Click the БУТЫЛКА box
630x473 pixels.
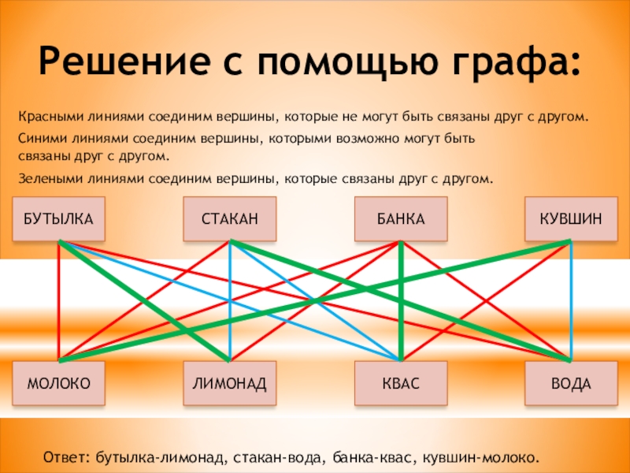59,218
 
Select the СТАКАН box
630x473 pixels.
229,218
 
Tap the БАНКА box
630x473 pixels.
401,218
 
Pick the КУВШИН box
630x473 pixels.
572,218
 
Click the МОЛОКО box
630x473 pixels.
59,384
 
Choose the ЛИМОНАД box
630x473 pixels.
229,384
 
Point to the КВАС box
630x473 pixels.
401,384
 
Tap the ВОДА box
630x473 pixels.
572,384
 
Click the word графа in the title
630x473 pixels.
520,61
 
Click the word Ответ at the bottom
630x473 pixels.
66,457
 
